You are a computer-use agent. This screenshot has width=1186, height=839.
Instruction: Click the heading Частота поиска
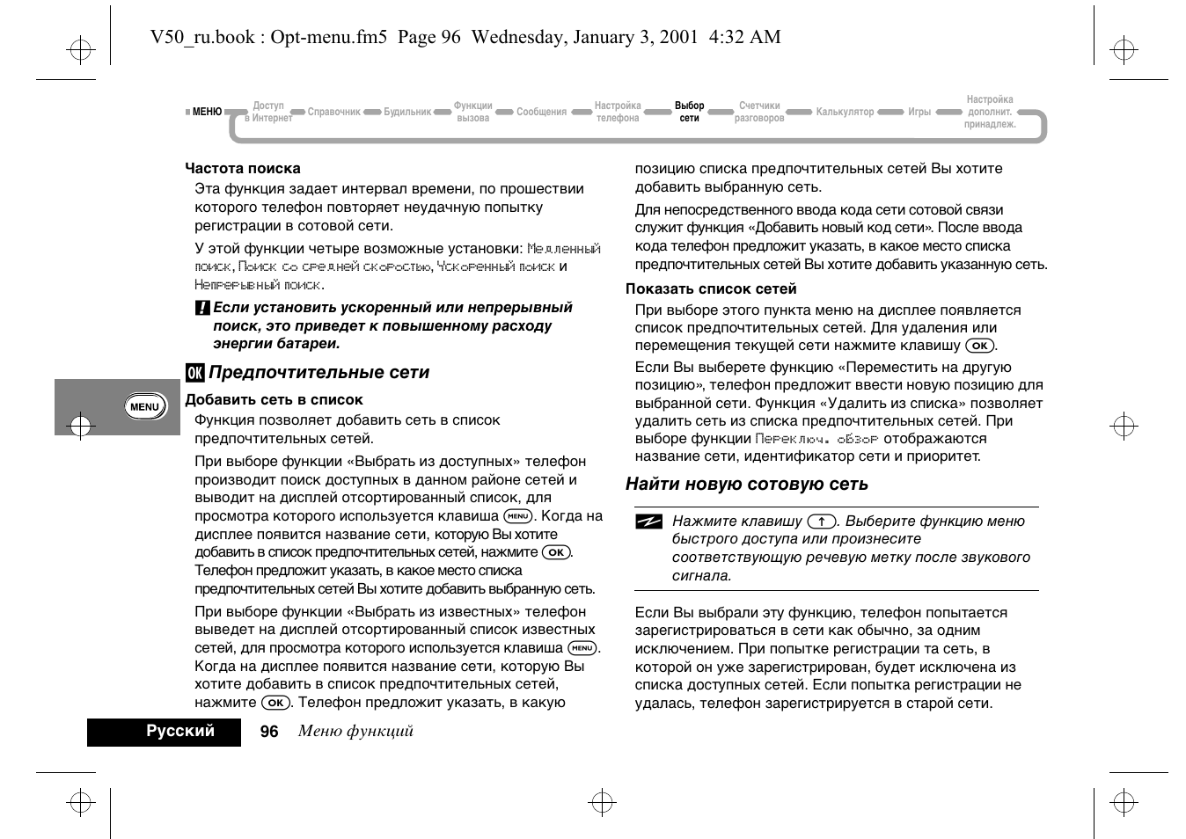tap(242, 168)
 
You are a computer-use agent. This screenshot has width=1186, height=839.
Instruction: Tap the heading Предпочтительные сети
tap(318, 372)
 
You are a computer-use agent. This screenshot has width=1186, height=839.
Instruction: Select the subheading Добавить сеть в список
tap(274, 399)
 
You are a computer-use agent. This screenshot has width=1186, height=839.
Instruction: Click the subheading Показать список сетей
tap(711, 288)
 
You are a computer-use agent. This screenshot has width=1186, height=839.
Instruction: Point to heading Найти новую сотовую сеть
tap(746, 484)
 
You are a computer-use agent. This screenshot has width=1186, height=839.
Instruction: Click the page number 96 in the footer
tap(269, 732)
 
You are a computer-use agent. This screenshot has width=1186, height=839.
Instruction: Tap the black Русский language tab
tap(180, 731)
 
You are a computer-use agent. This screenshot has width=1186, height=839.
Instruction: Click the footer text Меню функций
tap(355, 731)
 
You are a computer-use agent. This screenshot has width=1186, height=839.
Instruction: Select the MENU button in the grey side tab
tap(144, 406)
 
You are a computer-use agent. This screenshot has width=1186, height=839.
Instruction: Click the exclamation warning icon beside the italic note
tap(201, 309)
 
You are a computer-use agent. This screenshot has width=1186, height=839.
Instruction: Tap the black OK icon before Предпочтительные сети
tap(194, 373)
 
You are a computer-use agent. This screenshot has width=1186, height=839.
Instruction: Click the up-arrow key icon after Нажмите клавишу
tap(821, 521)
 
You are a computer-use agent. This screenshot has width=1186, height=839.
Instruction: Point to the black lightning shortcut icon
tap(648, 522)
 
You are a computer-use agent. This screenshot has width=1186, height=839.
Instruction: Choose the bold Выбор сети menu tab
tap(689, 112)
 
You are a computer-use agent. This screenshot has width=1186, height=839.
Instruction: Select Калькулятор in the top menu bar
tap(845, 112)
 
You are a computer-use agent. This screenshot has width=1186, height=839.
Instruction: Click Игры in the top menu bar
tap(919, 112)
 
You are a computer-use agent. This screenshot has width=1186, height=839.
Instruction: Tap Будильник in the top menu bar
tap(407, 112)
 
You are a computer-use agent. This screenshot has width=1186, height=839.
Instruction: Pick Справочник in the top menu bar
tap(333, 112)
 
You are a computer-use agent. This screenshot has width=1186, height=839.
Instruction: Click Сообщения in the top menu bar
tap(541, 112)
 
